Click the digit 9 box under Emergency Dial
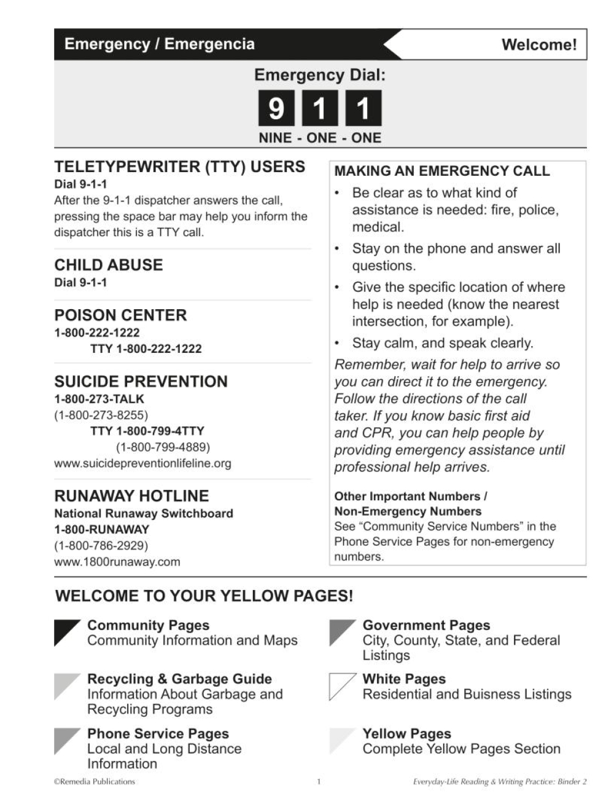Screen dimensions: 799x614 point(276,108)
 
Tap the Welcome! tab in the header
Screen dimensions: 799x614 point(538,45)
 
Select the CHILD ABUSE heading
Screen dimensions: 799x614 point(109,265)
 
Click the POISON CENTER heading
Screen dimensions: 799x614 point(120,315)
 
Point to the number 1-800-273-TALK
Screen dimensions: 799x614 point(99,399)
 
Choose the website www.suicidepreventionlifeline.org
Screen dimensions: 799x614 point(142,463)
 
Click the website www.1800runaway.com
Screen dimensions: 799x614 point(117,562)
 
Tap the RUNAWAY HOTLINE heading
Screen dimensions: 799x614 point(131,496)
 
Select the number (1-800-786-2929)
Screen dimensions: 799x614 point(101,546)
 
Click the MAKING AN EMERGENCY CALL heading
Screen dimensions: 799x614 point(441,171)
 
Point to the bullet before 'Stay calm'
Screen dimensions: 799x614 point(337,342)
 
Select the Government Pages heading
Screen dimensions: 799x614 point(426,626)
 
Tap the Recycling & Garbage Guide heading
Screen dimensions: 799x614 point(179,679)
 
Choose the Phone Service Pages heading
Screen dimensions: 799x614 point(158,734)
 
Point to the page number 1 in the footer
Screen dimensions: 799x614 point(319,782)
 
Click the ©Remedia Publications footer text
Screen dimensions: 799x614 point(94,782)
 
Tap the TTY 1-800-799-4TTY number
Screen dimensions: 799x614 point(147,431)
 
